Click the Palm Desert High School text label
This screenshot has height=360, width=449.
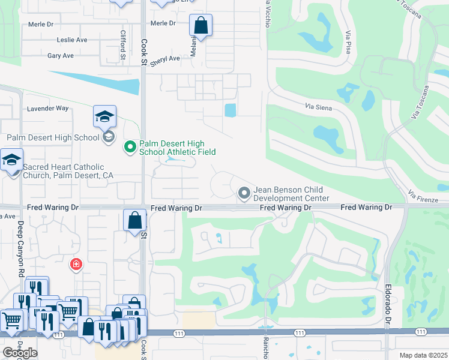click(x=53, y=138)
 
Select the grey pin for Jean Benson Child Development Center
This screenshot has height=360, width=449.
click(x=244, y=193)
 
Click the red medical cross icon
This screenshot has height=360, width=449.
click(x=76, y=264)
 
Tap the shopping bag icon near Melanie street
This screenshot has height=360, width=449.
click(x=201, y=26)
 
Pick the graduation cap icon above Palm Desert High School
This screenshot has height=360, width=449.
click(x=105, y=116)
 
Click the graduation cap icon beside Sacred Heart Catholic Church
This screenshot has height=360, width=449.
click(x=11, y=161)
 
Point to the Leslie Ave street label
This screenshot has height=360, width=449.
click(x=72, y=40)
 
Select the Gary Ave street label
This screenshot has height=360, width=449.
click(x=61, y=56)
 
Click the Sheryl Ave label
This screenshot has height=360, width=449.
click(x=165, y=59)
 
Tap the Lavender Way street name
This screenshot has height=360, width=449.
click(x=47, y=109)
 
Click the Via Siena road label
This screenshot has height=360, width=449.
click(x=318, y=106)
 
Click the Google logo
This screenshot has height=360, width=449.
click(x=19, y=353)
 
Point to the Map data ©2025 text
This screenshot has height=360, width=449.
click(x=423, y=355)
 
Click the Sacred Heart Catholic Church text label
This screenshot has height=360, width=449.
click(x=63, y=171)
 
